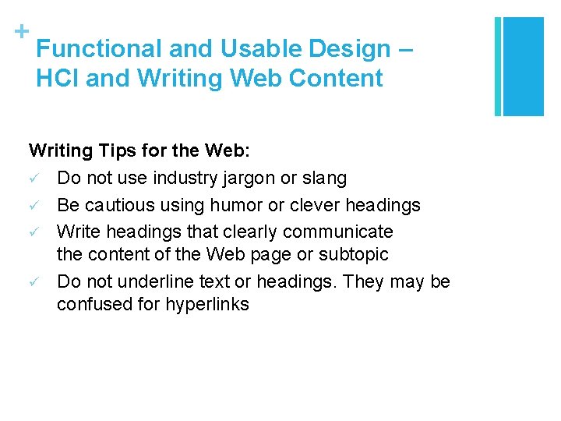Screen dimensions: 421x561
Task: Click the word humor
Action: (x=232, y=205)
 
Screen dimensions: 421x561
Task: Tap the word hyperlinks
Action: (x=207, y=305)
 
